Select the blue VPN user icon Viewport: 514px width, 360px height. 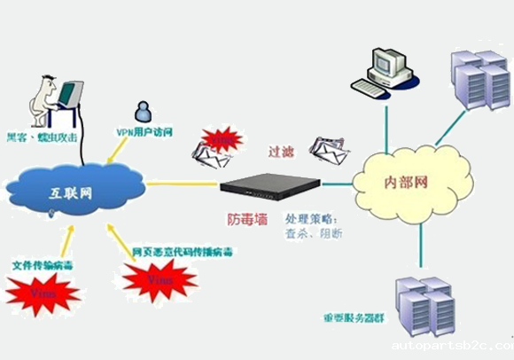[x=142, y=112]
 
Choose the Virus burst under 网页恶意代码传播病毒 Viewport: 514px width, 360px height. [x=159, y=280]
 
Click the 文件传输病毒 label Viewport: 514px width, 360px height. [x=41, y=263]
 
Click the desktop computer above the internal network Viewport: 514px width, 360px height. [x=382, y=68]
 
